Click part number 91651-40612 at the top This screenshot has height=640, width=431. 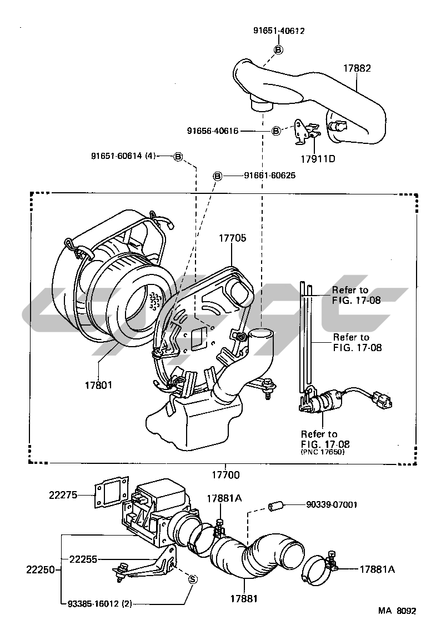pos(278,31)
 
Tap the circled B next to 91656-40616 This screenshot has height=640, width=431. pos(276,131)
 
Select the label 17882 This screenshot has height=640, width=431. pos(357,68)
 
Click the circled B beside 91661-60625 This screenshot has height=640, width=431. pos(218,176)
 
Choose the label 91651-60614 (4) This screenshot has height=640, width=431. pos(123,157)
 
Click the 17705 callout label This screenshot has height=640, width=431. pos(232,237)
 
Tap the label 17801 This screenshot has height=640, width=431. pos(98,384)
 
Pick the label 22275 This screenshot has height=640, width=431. pos(62,495)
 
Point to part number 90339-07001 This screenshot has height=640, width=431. pos(331,505)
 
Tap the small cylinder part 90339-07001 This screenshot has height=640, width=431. pos(276,506)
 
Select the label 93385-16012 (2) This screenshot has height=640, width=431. pos(100,602)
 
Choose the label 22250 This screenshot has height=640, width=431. pos(39,569)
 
